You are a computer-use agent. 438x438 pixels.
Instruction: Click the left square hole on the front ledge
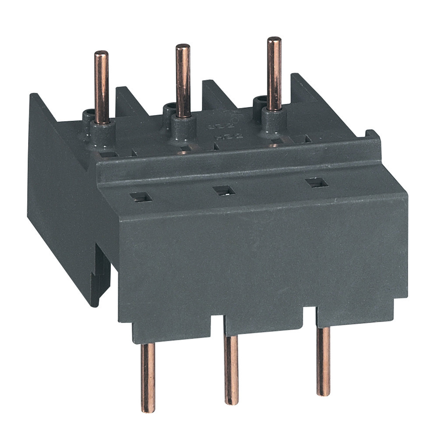pyautogui.click(x=141, y=197)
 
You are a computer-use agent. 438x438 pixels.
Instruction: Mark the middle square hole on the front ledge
pyautogui.click(x=223, y=190)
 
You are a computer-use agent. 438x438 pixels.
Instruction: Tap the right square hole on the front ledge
pyautogui.click(x=316, y=183)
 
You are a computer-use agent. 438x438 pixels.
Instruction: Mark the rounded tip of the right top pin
pyautogui.click(x=274, y=40)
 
